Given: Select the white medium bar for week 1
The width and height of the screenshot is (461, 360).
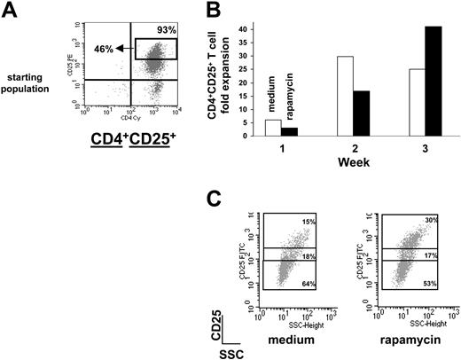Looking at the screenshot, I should tap(272, 128).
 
